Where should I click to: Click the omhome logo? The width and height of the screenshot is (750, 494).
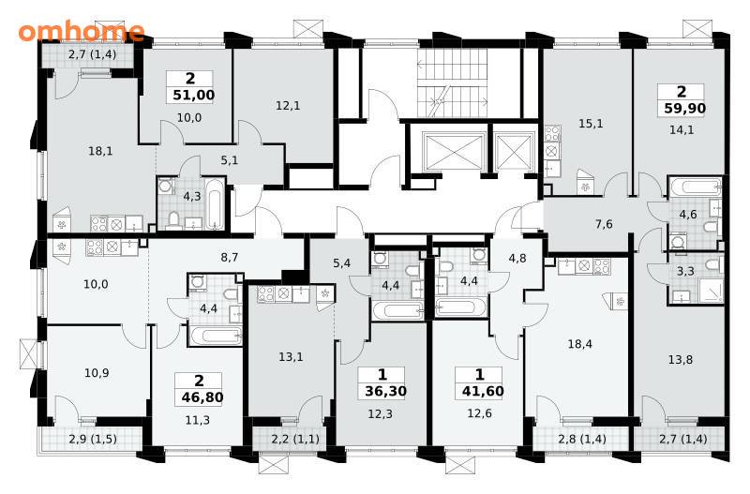[82, 31]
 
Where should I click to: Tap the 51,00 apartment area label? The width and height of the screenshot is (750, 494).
[194, 95]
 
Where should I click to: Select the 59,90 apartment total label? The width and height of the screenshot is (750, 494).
[685, 109]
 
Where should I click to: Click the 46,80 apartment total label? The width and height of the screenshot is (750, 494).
[202, 397]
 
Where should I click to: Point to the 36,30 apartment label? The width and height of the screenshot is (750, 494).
[385, 391]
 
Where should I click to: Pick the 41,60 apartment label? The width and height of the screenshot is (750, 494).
[483, 391]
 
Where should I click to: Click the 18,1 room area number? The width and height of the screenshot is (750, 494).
[100, 151]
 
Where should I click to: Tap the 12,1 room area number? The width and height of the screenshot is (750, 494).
[288, 105]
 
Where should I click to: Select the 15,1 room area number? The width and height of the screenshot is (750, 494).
[591, 124]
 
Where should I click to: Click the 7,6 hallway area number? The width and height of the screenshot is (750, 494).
[604, 224]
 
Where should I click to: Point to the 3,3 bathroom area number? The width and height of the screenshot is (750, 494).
[686, 271]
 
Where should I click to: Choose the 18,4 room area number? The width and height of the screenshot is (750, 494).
[579, 343]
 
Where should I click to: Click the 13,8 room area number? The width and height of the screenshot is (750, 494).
[680, 359]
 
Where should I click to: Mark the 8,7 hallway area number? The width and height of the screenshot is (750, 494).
[230, 257]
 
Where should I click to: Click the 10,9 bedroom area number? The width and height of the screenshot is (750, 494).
[97, 372]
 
